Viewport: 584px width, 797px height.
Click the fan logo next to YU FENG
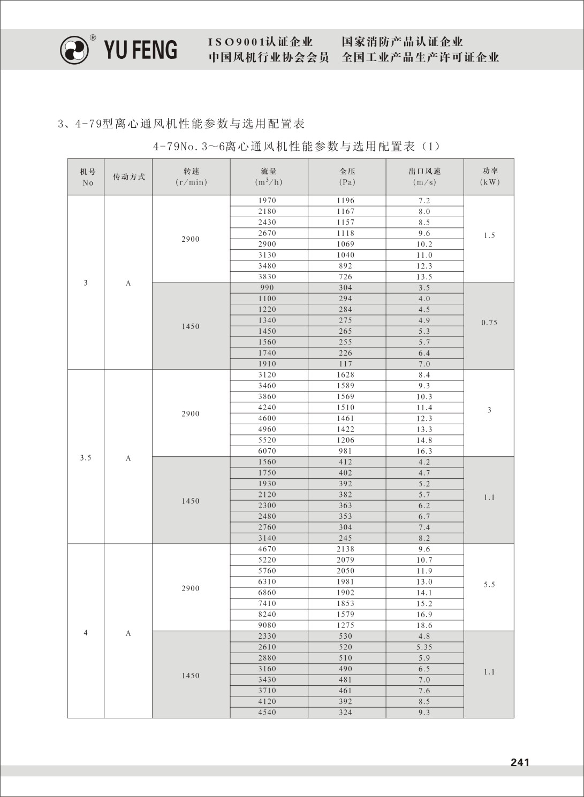[x=74, y=50]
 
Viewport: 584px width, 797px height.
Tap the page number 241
[x=520, y=762]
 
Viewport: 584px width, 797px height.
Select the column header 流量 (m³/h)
[x=269, y=177]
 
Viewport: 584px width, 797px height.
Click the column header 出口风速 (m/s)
[x=424, y=177]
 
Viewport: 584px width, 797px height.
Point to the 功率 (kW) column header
[x=489, y=176]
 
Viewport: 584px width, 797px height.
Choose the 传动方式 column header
[x=128, y=177]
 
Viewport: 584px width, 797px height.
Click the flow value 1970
[x=267, y=201]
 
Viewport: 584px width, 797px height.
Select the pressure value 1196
[x=345, y=201]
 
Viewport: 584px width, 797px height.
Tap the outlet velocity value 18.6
[x=424, y=625]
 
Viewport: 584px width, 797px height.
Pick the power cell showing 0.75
[x=489, y=323]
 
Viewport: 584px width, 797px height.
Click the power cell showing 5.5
[x=489, y=585]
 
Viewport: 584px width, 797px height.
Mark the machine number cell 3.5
[x=86, y=458]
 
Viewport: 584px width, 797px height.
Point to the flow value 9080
[x=267, y=625]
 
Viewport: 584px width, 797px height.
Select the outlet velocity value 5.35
[x=424, y=647]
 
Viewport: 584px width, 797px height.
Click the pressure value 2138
[x=345, y=549]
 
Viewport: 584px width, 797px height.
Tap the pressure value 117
[x=345, y=364]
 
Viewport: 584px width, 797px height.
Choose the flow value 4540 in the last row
[x=267, y=712]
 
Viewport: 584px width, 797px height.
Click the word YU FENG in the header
[x=140, y=49]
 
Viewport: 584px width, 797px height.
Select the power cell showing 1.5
[x=489, y=235]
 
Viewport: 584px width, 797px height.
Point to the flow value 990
[x=267, y=288]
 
